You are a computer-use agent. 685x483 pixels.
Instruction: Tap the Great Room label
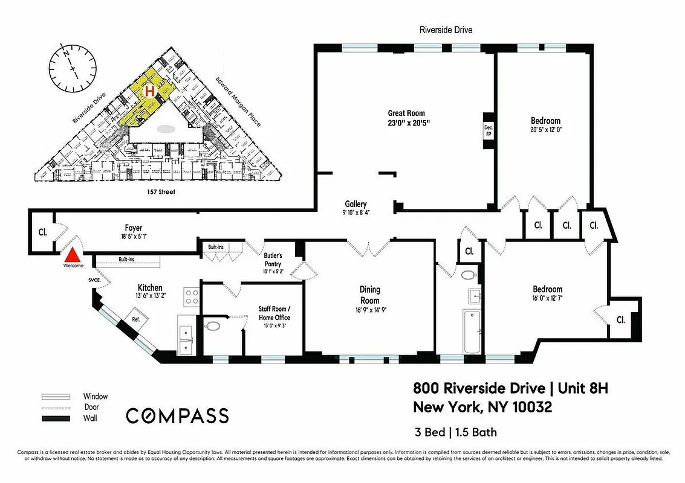[x=406, y=113]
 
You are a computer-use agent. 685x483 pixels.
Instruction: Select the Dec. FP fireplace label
[x=488, y=130]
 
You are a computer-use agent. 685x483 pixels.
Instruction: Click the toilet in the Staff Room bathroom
[x=213, y=327]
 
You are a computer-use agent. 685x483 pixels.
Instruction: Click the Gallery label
[x=356, y=204]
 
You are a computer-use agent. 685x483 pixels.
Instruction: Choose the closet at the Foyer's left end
[x=42, y=231]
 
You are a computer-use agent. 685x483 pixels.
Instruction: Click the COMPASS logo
[x=177, y=415]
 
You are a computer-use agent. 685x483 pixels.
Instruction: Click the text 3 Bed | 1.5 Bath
[x=455, y=432]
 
